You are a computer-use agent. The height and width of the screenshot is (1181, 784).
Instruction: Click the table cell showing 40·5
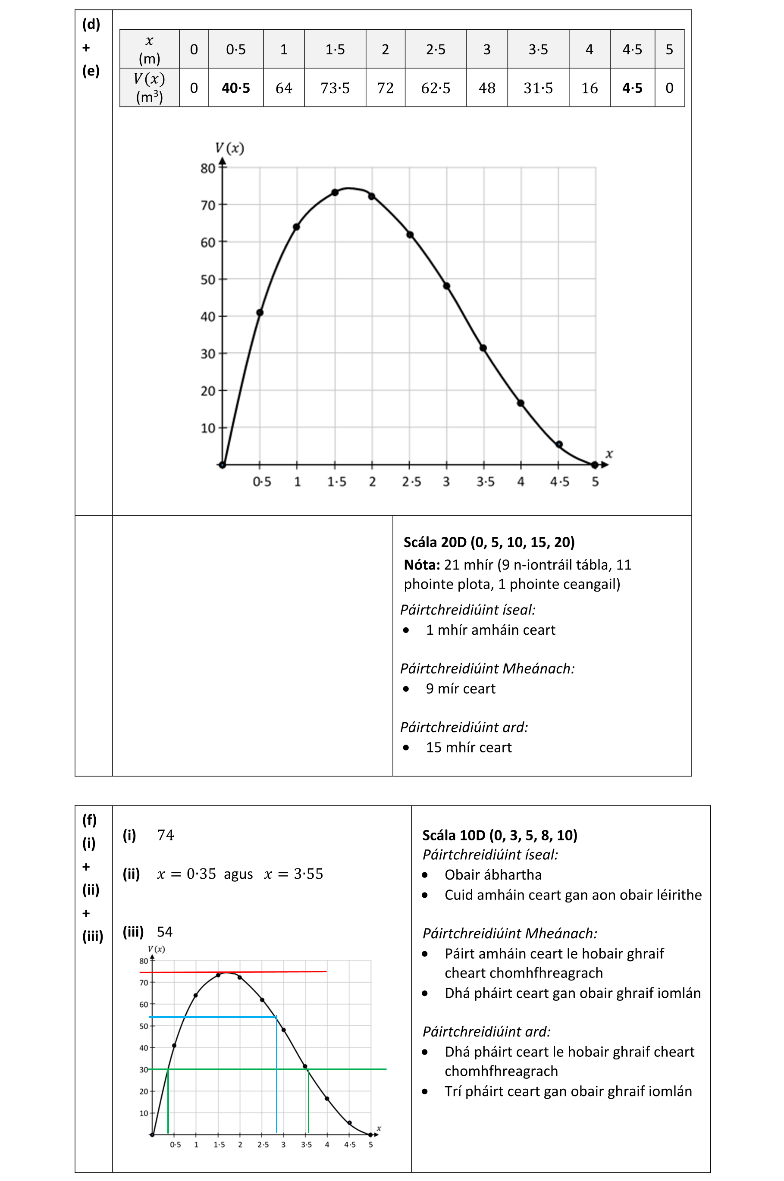235,88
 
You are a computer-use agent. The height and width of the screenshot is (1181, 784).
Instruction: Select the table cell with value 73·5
335,88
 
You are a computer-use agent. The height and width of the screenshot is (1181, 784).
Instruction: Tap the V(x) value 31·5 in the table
538,88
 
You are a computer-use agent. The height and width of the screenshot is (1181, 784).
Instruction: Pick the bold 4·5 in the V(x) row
632,88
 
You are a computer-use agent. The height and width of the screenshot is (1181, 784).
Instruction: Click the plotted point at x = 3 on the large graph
446,286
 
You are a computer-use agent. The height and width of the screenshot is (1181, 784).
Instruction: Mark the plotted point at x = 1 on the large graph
297,227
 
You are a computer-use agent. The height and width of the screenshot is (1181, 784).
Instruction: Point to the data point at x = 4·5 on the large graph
559,444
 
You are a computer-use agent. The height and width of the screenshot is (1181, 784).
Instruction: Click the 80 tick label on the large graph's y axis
207,169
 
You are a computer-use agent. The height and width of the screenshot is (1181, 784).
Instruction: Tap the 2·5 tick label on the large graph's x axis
411,482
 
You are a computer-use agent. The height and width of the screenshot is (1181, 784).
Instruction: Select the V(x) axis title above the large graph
229,148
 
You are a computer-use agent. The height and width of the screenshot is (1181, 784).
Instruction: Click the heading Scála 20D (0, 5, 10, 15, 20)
489,542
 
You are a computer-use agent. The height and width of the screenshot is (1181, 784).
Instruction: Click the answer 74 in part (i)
166,835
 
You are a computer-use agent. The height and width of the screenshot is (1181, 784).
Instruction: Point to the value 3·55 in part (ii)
308,874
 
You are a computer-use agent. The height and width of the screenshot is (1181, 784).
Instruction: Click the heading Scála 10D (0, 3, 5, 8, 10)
499,835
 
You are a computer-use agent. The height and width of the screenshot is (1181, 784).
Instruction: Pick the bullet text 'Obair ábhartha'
493,874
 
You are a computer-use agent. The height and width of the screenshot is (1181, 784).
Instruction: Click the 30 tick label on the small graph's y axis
144,1070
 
